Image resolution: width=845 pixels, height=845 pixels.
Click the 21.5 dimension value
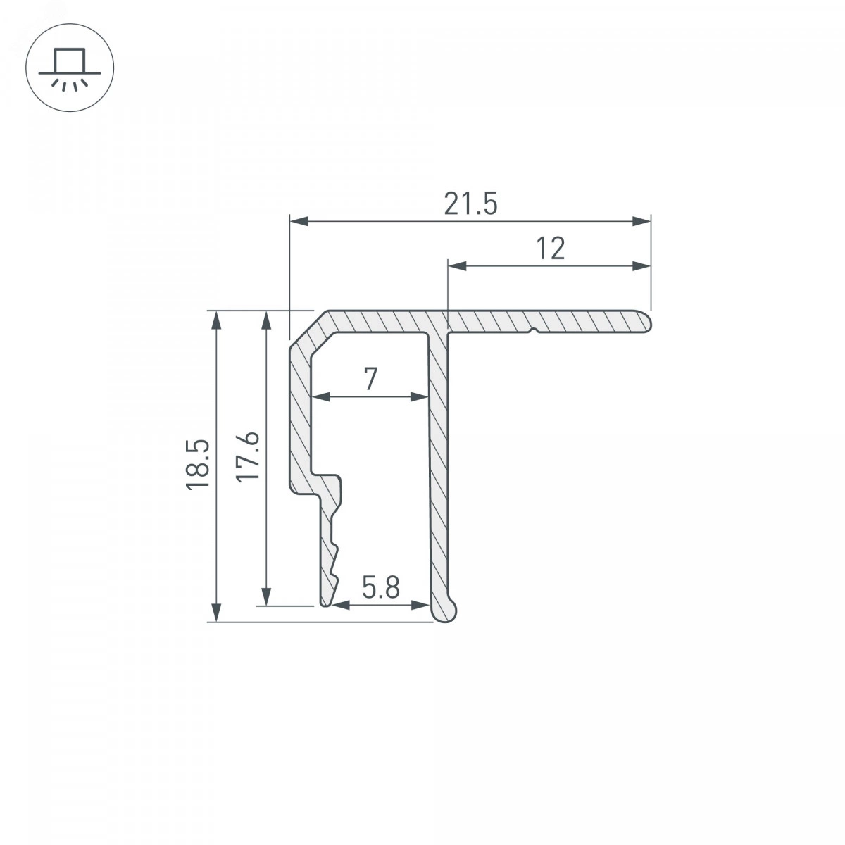click(x=470, y=204)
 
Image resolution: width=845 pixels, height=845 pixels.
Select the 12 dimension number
click(x=551, y=249)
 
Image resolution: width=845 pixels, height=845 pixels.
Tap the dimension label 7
click(x=370, y=379)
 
